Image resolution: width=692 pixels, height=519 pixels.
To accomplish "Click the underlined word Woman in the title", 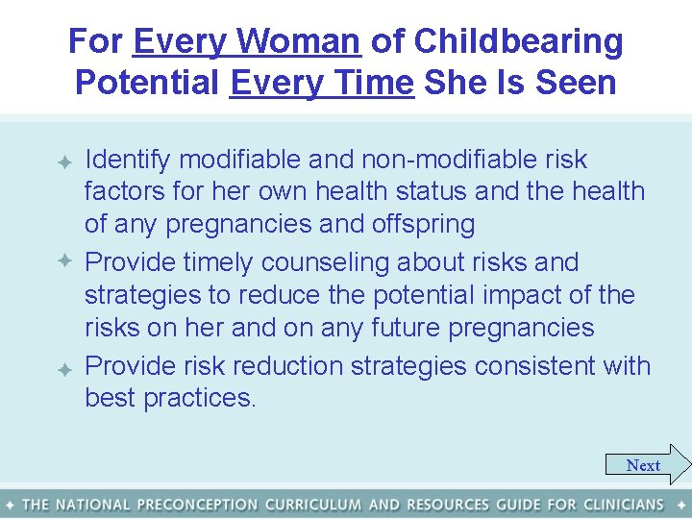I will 298,42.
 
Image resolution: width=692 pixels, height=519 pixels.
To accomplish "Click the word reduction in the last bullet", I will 293,366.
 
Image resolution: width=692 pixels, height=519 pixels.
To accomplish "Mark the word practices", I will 200,399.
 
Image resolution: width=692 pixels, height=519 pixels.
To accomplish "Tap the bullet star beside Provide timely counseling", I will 64,261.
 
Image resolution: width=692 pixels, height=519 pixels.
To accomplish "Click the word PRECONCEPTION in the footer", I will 197,505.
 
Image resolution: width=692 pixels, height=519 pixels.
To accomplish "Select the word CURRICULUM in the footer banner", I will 313,505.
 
